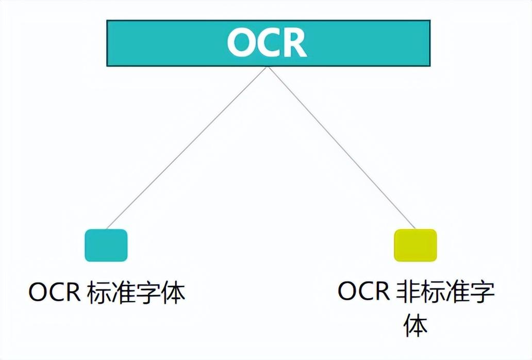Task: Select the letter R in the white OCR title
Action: tap(295, 43)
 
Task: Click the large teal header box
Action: tap(269, 43)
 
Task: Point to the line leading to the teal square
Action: tap(187, 148)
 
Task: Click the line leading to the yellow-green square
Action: tap(342, 148)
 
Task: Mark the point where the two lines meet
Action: tap(269, 67)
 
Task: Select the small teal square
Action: tap(106, 246)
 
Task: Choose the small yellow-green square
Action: tap(415, 246)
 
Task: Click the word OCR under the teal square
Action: tap(54, 292)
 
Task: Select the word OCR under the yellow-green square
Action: tap(364, 290)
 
